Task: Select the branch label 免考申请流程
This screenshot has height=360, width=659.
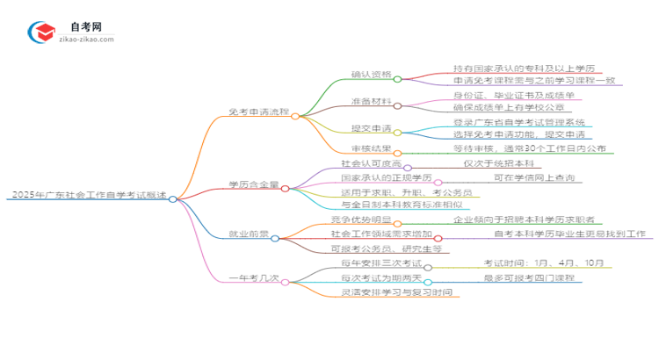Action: pyautogui.click(x=258, y=115)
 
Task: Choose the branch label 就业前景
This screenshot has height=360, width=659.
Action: pyautogui.click(x=249, y=236)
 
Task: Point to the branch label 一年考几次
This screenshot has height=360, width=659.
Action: pyautogui.click(x=255, y=279)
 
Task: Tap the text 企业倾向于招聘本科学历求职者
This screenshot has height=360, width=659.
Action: pyautogui.click(x=522, y=220)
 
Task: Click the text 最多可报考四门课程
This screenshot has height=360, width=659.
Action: pyautogui.click(x=531, y=279)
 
